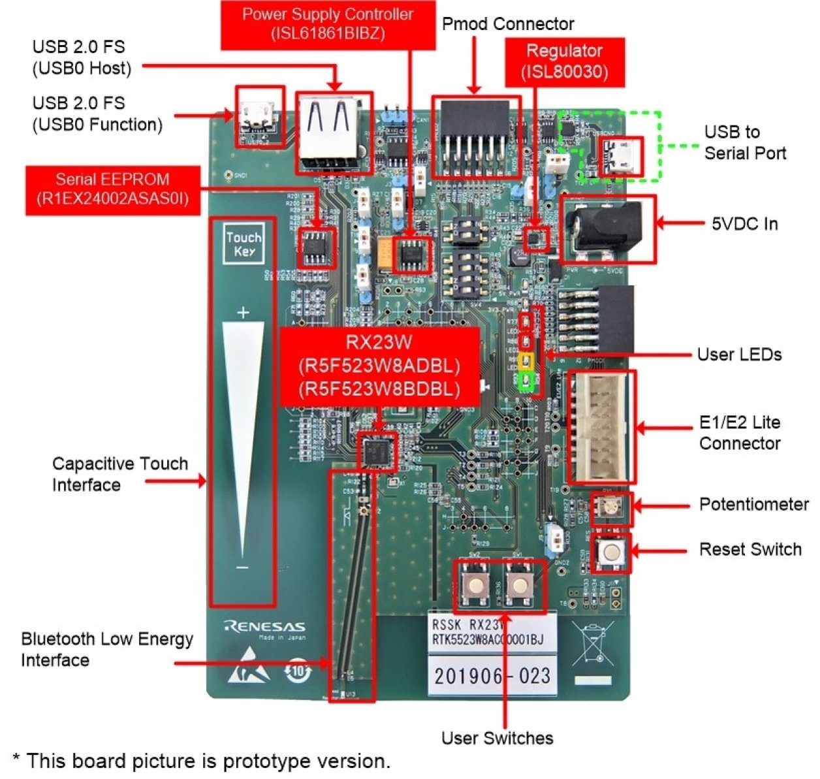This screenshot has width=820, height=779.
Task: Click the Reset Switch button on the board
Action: point(612,552)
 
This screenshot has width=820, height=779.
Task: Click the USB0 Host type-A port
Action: point(334,133)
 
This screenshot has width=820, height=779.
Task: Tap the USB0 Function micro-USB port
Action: point(259,116)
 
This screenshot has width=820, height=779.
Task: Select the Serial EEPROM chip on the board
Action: point(317,247)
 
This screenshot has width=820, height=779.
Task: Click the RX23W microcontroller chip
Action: point(377,450)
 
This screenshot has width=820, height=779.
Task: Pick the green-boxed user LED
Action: point(526,379)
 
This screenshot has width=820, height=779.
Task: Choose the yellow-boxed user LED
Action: point(526,361)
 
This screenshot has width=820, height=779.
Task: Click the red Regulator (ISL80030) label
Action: point(565,62)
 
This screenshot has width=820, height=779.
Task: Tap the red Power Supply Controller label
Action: point(328,24)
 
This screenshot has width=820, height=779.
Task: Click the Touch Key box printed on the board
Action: point(244,245)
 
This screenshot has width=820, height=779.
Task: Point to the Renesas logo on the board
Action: point(264,628)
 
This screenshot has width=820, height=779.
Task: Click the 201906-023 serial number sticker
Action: point(492,675)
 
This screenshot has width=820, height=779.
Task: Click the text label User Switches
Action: point(497,739)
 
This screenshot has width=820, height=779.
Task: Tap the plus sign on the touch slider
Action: point(243,313)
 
